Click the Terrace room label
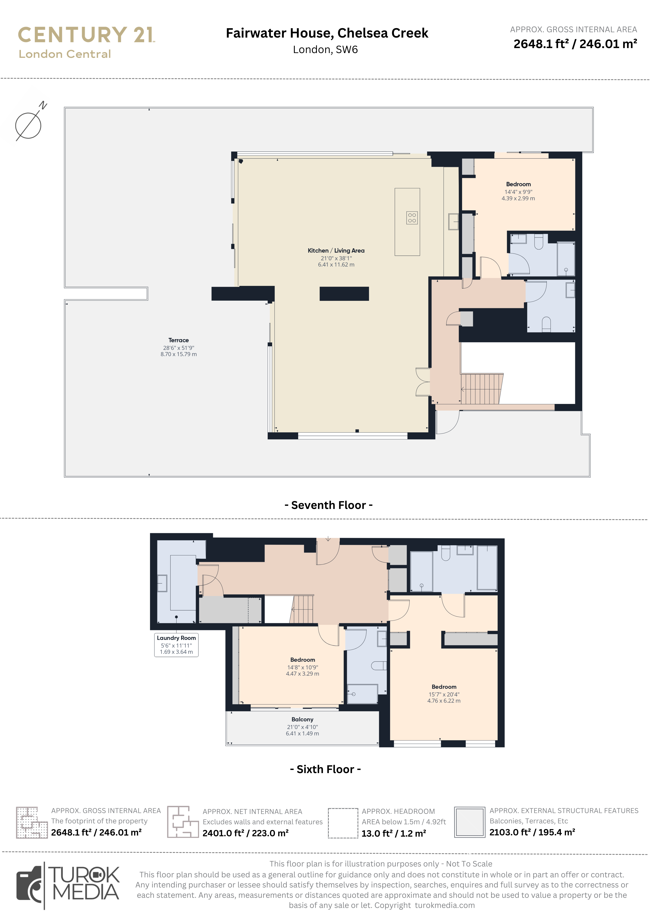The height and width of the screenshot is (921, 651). point(178,340)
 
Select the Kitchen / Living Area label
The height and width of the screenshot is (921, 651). point(336,251)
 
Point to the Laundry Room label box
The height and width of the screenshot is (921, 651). point(176,645)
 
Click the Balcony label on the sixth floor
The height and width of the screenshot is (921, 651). point(302,719)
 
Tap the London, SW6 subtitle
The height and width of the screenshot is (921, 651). point(325,50)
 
